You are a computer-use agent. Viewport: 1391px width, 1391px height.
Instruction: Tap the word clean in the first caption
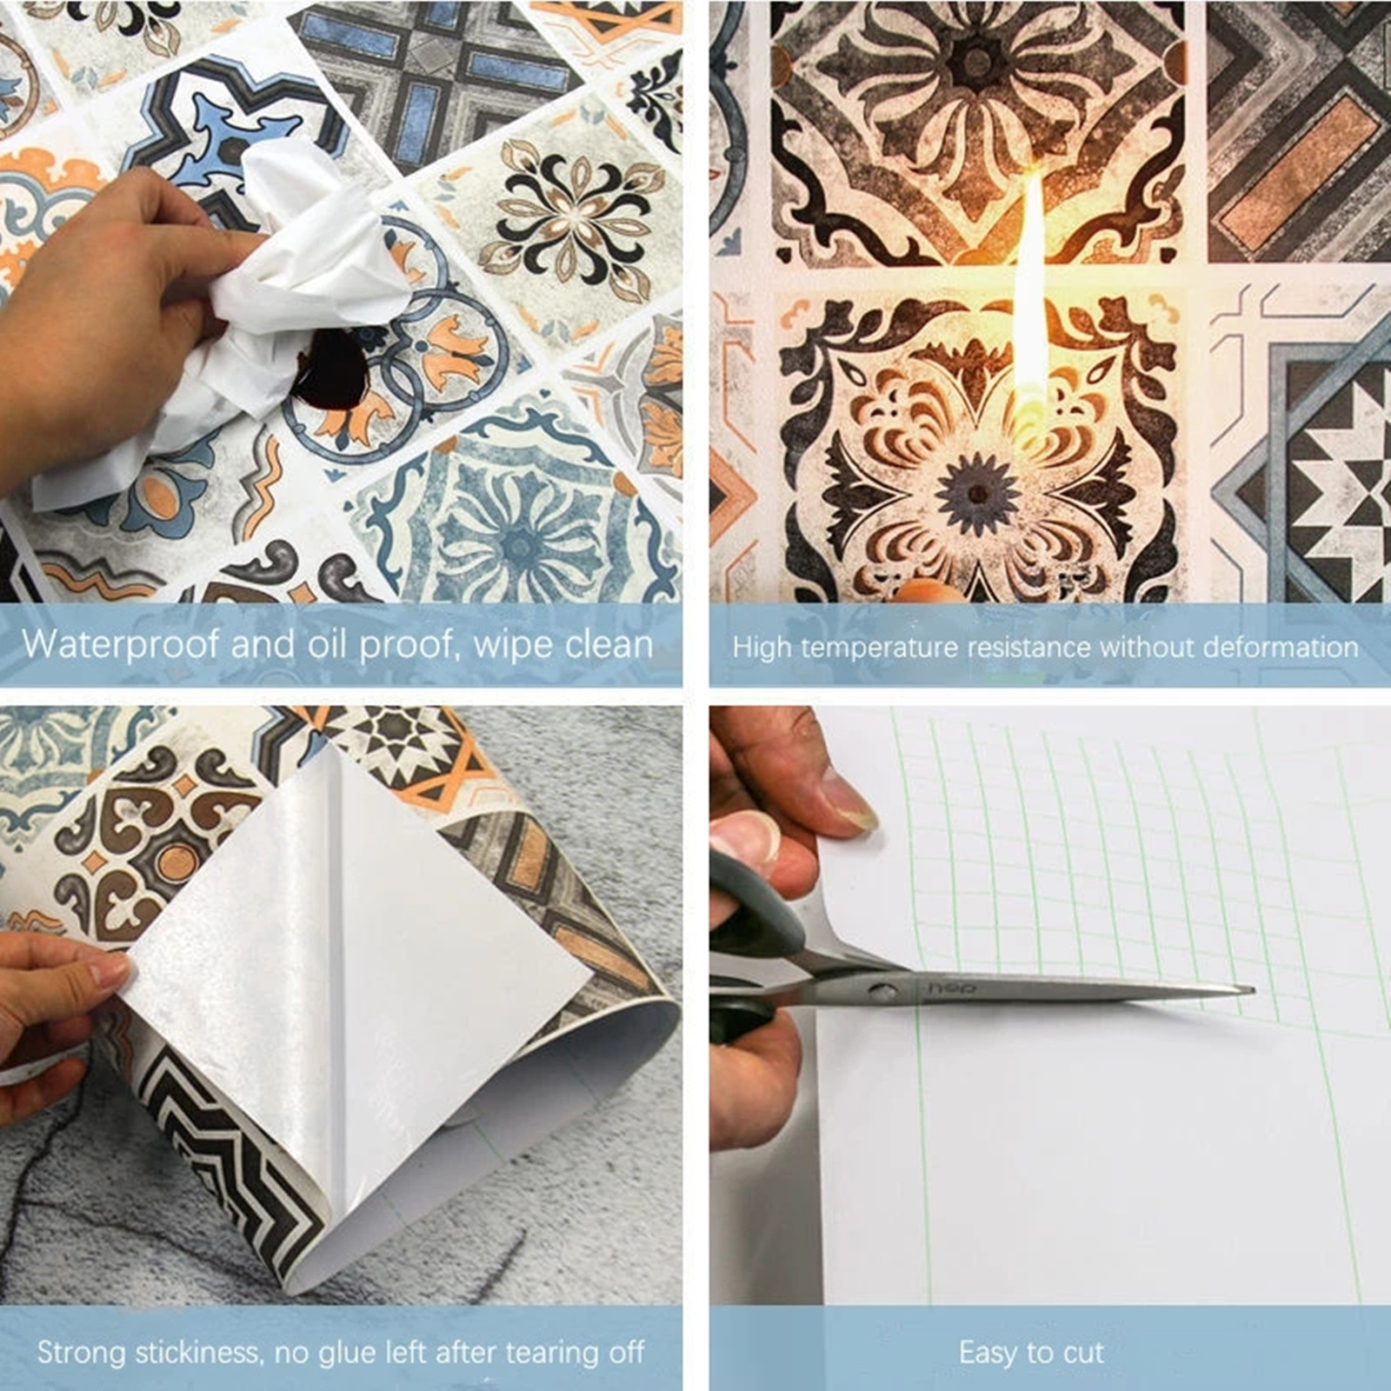tap(609, 644)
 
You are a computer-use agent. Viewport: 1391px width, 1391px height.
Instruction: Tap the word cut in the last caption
tap(1083, 1353)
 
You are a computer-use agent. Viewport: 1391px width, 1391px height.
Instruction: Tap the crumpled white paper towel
tap(235, 313)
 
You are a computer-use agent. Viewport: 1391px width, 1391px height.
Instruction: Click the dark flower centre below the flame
tap(977, 493)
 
